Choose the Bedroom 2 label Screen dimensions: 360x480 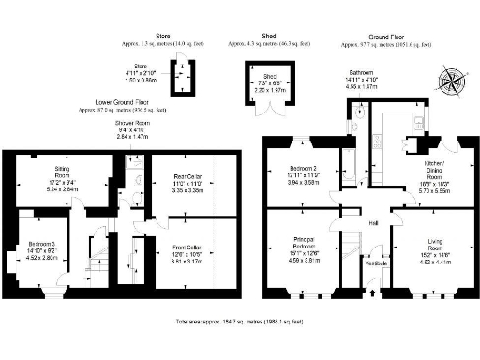302,174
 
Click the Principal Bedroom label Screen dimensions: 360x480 301,245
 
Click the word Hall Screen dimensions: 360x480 373,222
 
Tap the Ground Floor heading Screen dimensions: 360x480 386,37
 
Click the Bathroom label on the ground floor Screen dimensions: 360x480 362,71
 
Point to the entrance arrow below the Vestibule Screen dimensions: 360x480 375,292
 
